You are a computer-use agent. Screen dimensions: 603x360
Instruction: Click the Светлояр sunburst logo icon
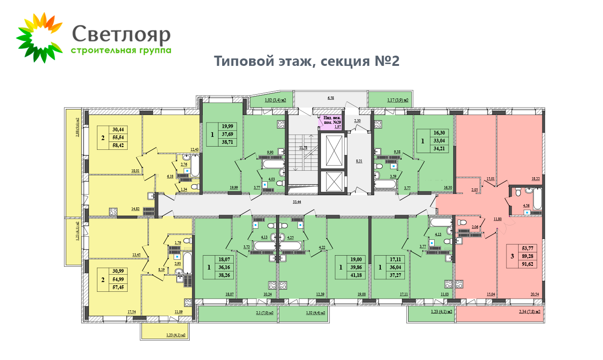point(39,38)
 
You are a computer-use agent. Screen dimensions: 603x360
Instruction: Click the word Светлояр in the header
point(122,34)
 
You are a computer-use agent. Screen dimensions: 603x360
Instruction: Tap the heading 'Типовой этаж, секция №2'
point(307,62)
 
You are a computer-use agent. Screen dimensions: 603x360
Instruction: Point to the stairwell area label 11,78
point(303,148)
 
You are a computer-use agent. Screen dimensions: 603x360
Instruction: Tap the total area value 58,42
point(120,145)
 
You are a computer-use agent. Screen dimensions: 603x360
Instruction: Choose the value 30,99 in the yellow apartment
point(120,271)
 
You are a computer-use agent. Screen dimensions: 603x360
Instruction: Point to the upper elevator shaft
point(334,150)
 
